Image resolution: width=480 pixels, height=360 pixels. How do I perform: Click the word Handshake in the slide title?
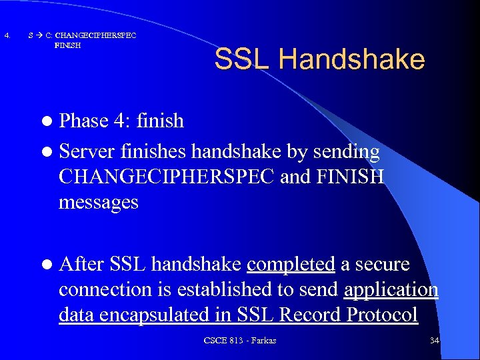coord(351,59)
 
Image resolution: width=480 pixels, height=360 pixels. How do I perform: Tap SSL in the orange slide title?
coord(243,59)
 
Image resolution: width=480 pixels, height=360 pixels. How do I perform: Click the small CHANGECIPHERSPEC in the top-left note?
coord(95,35)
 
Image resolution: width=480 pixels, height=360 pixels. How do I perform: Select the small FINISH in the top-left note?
coord(68,45)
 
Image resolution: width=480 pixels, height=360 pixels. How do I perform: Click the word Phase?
coord(83,121)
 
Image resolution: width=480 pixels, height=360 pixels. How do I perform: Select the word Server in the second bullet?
coord(87,152)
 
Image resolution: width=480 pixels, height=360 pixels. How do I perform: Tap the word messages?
coord(99,202)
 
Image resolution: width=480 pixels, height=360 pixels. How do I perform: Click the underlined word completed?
coord(291,264)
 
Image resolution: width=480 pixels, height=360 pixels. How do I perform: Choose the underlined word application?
coord(391,291)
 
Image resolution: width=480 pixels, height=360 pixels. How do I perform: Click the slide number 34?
coord(434,341)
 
